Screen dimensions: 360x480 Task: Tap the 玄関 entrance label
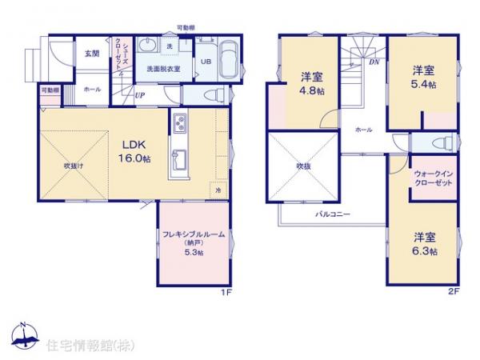(91, 54)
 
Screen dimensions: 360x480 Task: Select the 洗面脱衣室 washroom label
(162, 70)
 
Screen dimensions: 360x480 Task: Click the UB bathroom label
(205, 62)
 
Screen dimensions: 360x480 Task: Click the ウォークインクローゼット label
(434, 178)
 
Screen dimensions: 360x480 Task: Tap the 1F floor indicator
(227, 293)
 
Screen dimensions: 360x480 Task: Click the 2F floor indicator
(454, 293)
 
